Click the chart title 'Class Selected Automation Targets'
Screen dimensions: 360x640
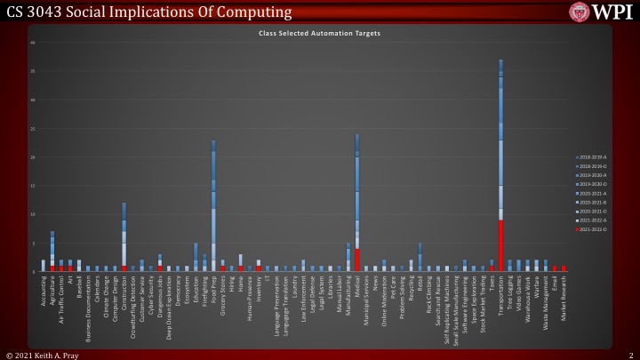tap(319, 33)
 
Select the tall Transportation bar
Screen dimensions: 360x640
tap(501, 169)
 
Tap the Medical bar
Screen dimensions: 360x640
tap(356, 204)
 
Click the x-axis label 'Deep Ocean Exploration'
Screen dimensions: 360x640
tap(169, 307)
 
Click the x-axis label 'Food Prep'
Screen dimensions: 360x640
tap(213, 289)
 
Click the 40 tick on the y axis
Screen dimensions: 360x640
tap(32, 43)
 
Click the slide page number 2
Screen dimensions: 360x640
tap(629, 355)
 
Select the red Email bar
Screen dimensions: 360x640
tap(555, 268)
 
